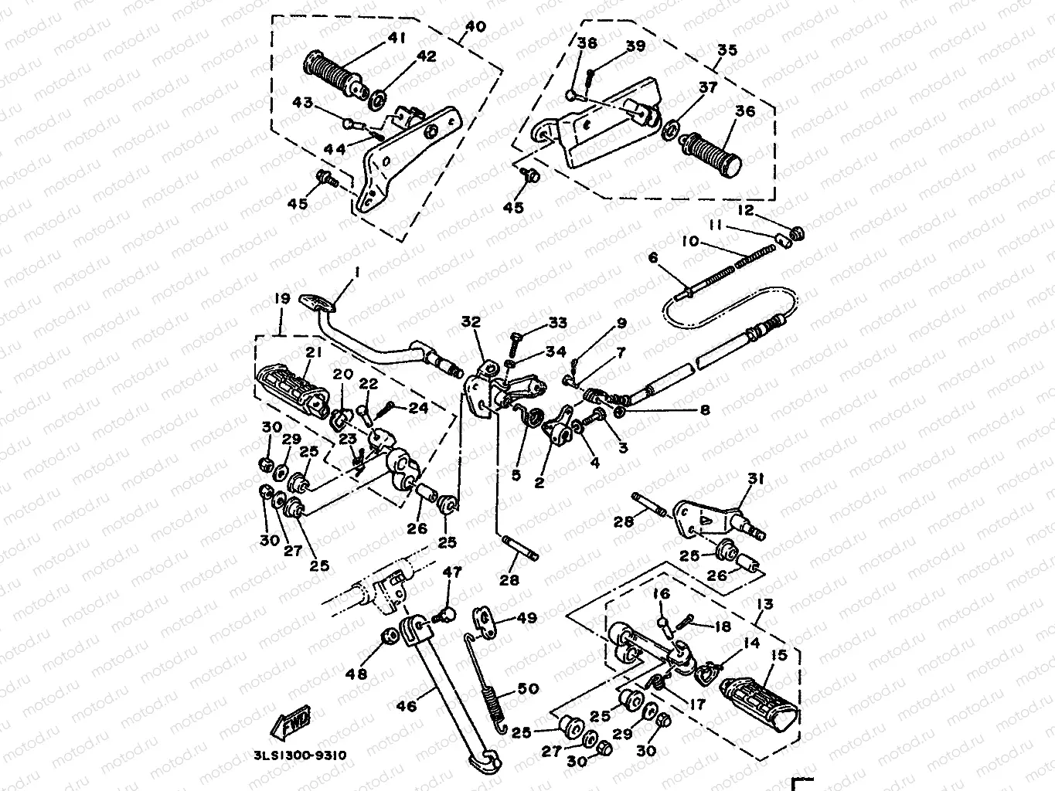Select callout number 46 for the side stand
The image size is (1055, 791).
click(x=407, y=705)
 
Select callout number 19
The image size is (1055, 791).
click(x=281, y=298)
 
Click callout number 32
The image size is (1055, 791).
click(x=472, y=321)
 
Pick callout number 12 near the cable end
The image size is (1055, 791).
click(x=745, y=211)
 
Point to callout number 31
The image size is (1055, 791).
click(x=756, y=479)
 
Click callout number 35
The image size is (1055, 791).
click(x=727, y=50)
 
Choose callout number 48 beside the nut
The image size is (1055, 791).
click(x=356, y=674)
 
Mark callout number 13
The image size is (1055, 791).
click(x=765, y=604)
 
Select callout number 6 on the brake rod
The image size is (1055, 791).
click(x=654, y=259)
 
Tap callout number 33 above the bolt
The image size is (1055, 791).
click(x=557, y=322)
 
